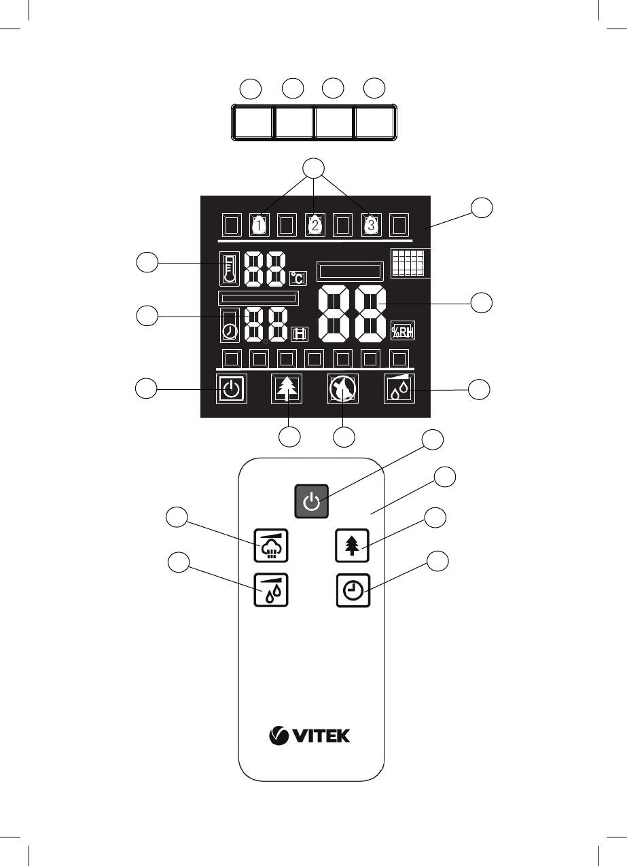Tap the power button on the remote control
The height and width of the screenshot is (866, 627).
click(312, 501)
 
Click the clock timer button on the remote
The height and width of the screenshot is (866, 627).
click(353, 590)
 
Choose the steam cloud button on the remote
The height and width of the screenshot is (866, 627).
click(271, 545)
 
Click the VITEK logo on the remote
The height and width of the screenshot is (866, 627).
click(309, 736)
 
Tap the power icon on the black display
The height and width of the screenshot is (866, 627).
click(231, 389)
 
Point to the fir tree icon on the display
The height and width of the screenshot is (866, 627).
click(287, 389)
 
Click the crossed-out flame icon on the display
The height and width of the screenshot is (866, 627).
click(343, 389)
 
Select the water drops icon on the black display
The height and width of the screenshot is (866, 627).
click(399, 389)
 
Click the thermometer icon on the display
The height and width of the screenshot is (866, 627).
click(230, 269)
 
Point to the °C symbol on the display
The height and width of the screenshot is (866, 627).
click(298, 278)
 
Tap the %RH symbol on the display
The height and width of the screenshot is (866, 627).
click(403, 331)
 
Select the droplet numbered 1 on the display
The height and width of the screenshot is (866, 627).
click(259, 225)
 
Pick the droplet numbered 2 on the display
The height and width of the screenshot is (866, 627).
click(315, 225)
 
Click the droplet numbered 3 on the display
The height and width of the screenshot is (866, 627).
click(371, 224)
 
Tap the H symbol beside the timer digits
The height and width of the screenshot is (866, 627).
click(300, 334)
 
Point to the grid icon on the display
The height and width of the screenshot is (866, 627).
click(408, 262)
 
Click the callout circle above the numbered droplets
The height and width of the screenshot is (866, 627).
click(314, 168)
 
